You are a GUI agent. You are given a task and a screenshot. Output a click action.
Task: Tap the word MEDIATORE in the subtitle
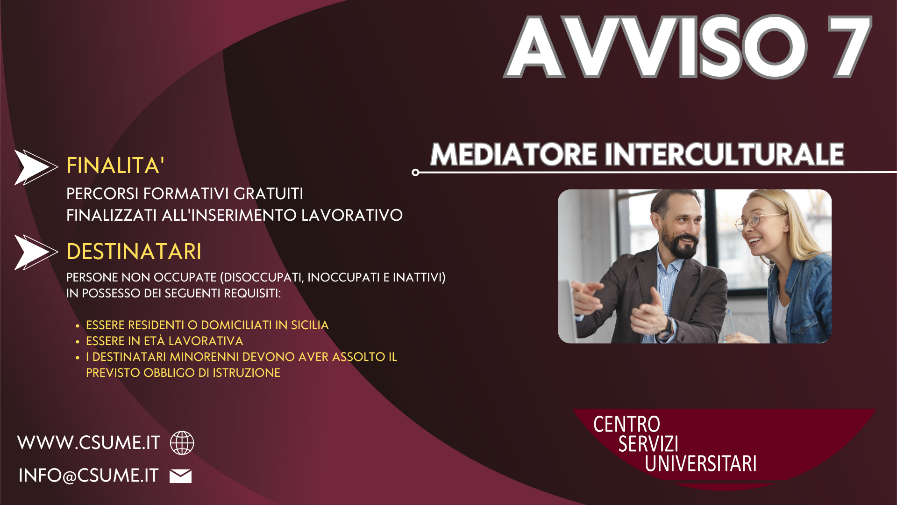[513, 154]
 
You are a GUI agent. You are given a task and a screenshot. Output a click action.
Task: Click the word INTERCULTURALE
[725, 154]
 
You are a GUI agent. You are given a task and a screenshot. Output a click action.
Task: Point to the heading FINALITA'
[115, 166]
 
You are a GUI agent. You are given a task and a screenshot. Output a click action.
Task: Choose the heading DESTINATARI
[134, 252]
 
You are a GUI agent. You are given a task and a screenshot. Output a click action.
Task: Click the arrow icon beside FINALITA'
[36, 167]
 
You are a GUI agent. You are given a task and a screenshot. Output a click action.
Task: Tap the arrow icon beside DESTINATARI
[36, 252]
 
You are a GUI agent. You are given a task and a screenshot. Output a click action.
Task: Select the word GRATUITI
[268, 194]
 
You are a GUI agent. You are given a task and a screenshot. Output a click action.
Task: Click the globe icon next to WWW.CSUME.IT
[182, 443]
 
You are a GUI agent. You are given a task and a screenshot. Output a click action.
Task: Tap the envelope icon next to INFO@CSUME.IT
[180, 476]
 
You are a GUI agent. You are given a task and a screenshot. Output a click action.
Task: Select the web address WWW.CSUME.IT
[89, 443]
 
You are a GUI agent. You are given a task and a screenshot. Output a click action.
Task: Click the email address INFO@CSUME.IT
[89, 476]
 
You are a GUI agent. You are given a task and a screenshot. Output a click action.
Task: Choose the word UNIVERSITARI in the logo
[700, 463]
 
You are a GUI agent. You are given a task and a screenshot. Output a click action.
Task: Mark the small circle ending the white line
[415, 173]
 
